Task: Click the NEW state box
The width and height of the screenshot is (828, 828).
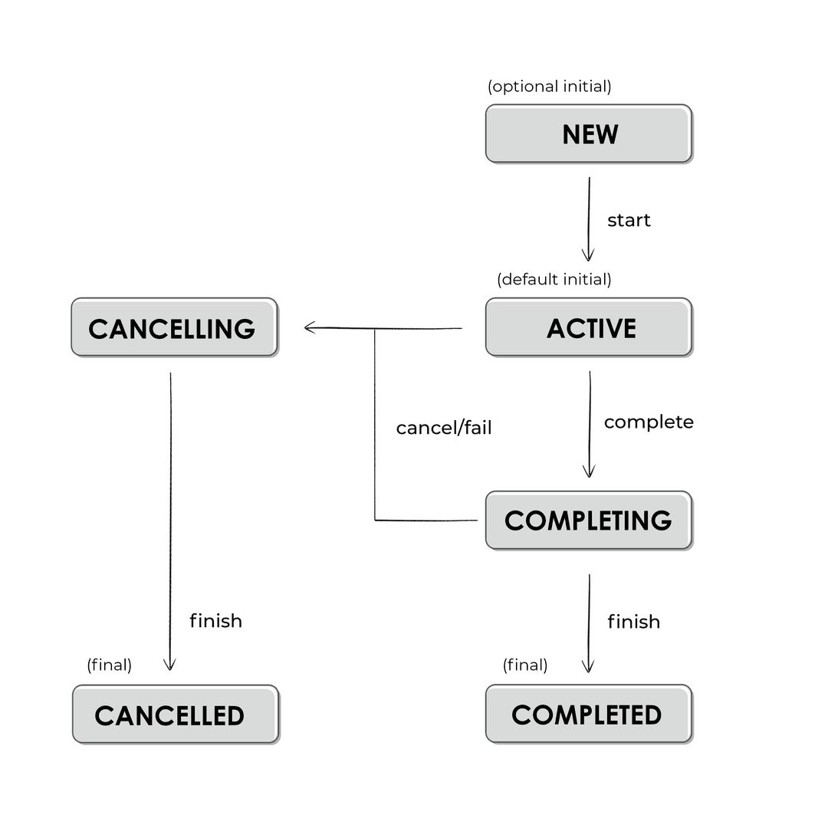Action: (x=589, y=134)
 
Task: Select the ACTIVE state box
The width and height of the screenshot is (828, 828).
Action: (x=589, y=328)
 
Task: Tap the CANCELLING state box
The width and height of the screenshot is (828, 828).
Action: (x=174, y=328)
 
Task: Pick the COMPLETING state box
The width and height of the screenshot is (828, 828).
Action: (x=589, y=521)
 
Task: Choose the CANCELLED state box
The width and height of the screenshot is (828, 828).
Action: (x=176, y=715)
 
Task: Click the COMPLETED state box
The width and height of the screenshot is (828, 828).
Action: (x=589, y=715)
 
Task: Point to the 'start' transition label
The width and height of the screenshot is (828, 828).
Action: (x=629, y=221)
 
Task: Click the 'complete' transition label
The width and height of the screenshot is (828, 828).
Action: (x=649, y=422)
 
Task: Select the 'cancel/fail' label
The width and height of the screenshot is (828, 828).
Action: (x=444, y=428)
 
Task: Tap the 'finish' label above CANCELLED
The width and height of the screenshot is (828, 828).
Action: (x=215, y=621)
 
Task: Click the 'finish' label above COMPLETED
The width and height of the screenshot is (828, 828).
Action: (x=633, y=622)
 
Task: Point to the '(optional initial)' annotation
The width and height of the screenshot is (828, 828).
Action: (x=550, y=87)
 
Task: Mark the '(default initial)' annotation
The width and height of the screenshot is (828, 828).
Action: (x=554, y=279)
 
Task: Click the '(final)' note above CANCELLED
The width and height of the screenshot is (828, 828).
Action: (x=110, y=665)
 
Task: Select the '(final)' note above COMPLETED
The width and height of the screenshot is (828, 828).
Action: (x=525, y=665)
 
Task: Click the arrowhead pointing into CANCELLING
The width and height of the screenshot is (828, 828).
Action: (x=309, y=328)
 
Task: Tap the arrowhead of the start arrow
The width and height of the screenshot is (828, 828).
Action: (x=589, y=256)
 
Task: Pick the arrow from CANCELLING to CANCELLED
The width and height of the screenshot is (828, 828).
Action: (x=170, y=521)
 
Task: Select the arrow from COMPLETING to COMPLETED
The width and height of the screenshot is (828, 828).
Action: (x=589, y=621)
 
